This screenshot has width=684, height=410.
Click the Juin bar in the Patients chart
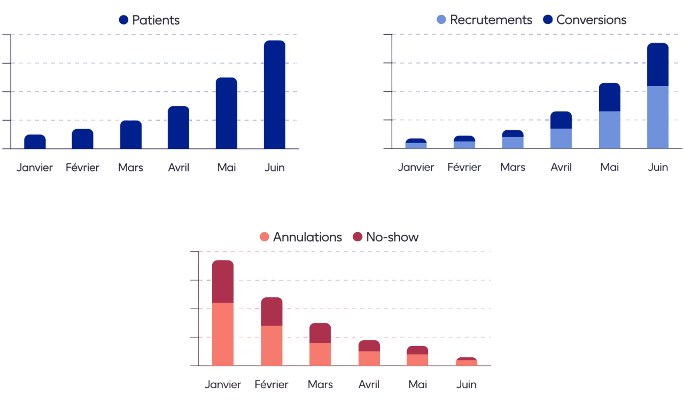pyautogui.click(x=275, y=94)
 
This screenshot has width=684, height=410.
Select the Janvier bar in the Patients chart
pyautogui.click(x=35, y=141)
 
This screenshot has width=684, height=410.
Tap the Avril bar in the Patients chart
pyautogui.click(x=178, y=128)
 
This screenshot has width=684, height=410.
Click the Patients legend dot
pyautogui.click(x=123, y=20)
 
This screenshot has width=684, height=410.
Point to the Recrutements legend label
pyautogui.click(x=491, y=20)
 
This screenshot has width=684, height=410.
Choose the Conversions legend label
pyautogui.click(x=591, y=20)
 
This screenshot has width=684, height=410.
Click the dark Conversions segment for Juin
pyautogui.click(x=657, y=65)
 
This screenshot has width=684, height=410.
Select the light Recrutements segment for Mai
pyautogui.click(x=609, y=130)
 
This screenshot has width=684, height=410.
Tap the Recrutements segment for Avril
pyautogui.click(x=561, y=138)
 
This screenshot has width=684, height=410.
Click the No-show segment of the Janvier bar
pyautogui.click(x=223, y=281)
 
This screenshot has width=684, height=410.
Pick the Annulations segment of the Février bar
pyautogui.click(x=271, y=345)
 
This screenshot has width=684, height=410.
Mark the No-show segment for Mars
pyautogui.click(x=320, y=333)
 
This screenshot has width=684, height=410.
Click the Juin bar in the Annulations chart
pyautogui.click(x=467, y=362)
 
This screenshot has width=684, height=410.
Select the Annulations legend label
pyautogui.click(x=307, y=237)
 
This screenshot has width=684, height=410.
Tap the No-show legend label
pyautogui.click(x=392, y=237)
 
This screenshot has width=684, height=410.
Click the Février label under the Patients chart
pyautogui.click(x=83, y=168)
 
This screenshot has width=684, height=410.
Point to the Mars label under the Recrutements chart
pyautogui.click(x=512, y=167)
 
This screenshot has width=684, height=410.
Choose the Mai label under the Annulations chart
pyautogui.click(x=417, y=384)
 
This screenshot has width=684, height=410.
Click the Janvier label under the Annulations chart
pyautogui.click(x=223, y=384)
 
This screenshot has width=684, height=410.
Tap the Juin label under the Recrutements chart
pyautogui.click(x=658, y=167)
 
